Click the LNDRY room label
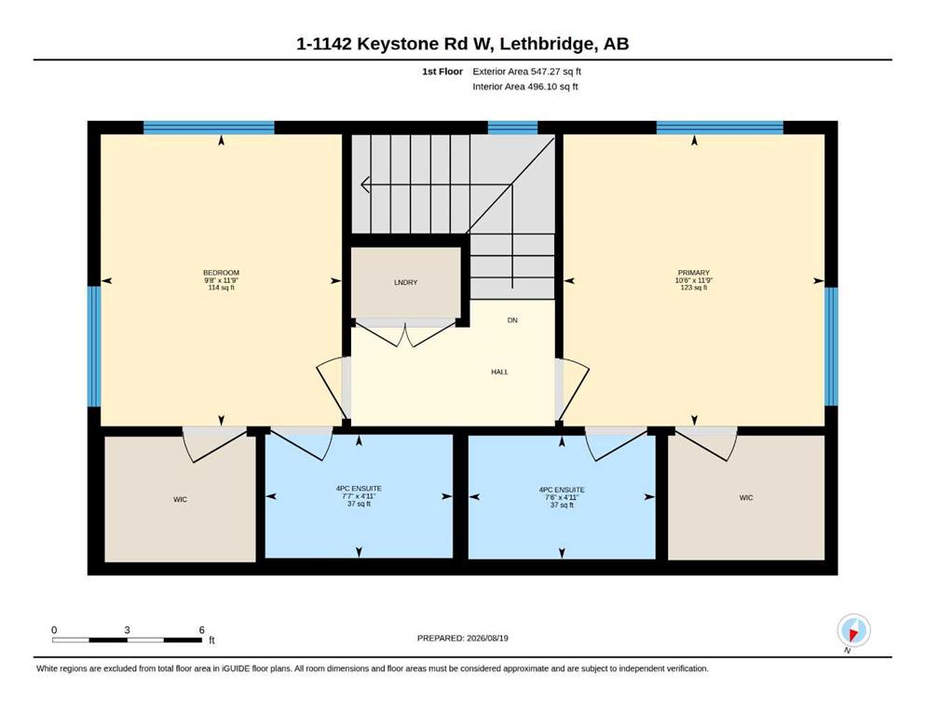[405, 282]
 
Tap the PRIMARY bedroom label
[693, 273]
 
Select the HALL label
[499, 372]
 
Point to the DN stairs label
[512, 320]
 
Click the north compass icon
[853, 630]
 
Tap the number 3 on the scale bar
[127, 629]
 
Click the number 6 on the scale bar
[202, 629]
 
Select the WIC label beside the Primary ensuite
[745, 498]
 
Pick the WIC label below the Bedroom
[180, 499]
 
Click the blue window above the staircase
[512, 128]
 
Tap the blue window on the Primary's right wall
[831, 346]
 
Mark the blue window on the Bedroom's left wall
[94, 346]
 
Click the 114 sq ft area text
[221, 288]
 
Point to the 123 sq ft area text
[694, 288]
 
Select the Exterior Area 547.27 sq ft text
[527, 72]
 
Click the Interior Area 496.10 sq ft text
[525, 87]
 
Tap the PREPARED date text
[462, 638]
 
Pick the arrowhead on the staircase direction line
[364, 184]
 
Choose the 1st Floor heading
[442, 72]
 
